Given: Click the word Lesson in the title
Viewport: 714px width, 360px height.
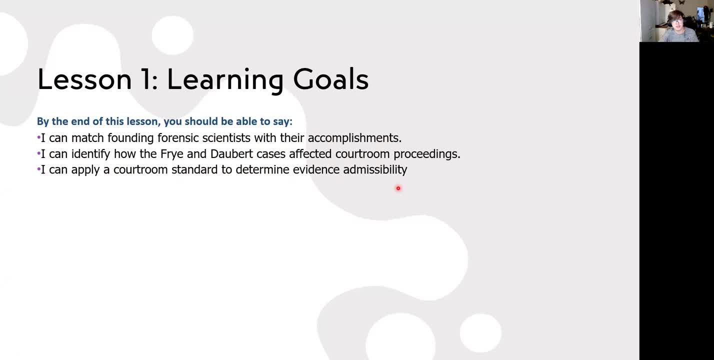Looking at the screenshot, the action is coord(84,79).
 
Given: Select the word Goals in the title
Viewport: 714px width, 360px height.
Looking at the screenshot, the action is coord(331,79).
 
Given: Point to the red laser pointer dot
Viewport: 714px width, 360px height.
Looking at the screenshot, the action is coord(398,188).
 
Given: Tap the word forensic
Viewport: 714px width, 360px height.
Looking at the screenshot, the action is coord(178,138).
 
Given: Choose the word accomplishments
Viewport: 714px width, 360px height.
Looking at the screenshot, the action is coord(354,138).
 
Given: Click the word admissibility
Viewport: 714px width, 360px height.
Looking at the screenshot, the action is coord(375,169).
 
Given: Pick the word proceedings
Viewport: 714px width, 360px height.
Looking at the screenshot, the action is coord(427,154).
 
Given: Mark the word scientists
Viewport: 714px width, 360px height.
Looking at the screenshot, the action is coord(226,138).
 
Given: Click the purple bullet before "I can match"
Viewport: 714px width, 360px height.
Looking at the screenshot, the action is coord(39,138).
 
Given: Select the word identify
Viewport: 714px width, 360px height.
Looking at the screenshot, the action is coord(90,154).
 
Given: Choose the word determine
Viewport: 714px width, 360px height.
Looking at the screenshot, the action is coord(262,169).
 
